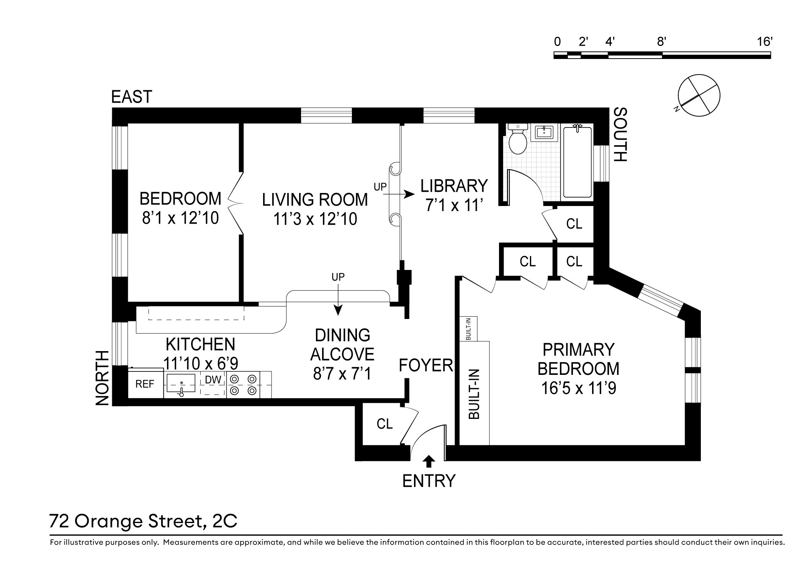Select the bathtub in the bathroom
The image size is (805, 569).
[578, 162]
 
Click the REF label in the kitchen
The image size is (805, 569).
[145, 384]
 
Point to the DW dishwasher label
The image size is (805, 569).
[213, 380]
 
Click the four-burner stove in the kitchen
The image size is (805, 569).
[243, 385]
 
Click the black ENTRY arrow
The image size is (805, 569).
[429, 461]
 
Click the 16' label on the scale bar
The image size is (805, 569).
[764, 41]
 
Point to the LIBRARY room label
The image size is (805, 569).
[454, 186]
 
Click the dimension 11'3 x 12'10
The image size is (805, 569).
[315, 219]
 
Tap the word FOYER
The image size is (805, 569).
[426, 365]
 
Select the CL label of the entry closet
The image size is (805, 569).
[385, 424]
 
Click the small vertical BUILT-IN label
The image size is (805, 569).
[468, 329]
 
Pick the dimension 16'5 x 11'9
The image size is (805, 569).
[579, 388]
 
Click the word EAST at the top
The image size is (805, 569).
[132, 97]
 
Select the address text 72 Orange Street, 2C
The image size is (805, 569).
[144, 521]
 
